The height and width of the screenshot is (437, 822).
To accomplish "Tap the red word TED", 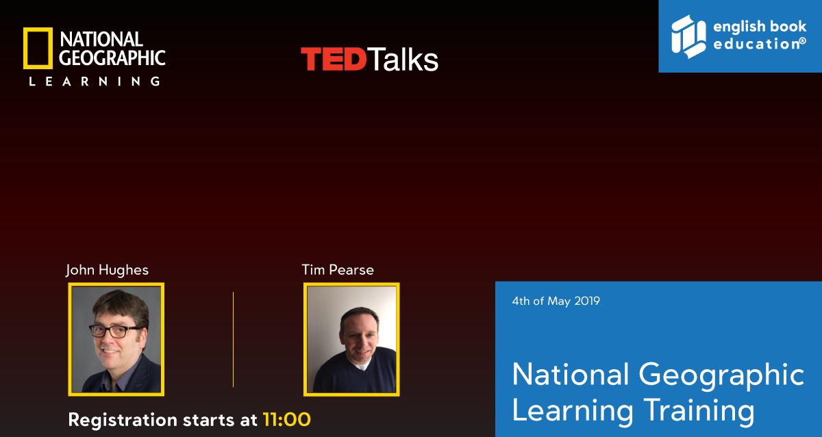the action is [x=334, y=59].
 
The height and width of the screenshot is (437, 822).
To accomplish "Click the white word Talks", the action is [x=403, y=59].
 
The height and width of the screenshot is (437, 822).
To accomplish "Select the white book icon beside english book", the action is [x=688, y=36].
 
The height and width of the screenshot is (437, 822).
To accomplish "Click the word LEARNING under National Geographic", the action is [x=95, y=81].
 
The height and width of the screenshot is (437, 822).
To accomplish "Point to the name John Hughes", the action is [x=107, y=270].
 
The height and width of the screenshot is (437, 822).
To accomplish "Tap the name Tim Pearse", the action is [x=338, y=270].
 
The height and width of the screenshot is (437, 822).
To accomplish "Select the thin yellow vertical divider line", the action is [x=233, y=340].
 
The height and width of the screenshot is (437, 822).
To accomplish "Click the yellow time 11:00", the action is [x=287, y=419].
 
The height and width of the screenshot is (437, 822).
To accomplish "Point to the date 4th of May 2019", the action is [x=556, y=301].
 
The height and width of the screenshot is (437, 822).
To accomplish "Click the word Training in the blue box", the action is [x=699, y=412].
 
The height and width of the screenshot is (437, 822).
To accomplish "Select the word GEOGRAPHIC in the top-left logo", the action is [x=112, y=58].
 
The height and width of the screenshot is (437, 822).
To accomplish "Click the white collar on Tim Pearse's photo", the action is [x=361, y=366].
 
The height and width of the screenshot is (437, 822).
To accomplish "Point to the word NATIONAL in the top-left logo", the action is [x=101, y=39].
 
